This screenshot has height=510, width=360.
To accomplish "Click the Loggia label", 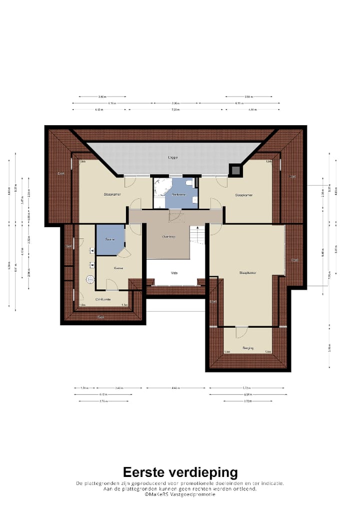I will click(x=173, y=157).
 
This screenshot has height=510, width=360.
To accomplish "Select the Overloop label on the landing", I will click(x=168, y=236).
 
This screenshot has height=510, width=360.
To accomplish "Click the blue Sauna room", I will click(x=110, y=239).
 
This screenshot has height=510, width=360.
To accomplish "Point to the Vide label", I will click(x=174, y=273).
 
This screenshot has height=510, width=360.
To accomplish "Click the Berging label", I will click(x=248, y=348).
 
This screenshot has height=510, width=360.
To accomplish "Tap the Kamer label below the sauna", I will click(x=118, y=269).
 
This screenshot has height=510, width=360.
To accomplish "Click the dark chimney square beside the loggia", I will click(x=235, y=170).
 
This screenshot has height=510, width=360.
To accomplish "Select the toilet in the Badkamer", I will click(x=188, y=184).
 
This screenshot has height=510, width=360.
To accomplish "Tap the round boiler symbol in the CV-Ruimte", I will click(x=91, y=280).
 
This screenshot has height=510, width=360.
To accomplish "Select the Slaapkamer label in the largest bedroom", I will click(x=248, y=273).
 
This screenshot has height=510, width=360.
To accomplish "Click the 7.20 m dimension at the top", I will click(x=175, y=109).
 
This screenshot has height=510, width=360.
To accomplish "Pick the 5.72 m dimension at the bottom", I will click(x=247, y=388).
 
